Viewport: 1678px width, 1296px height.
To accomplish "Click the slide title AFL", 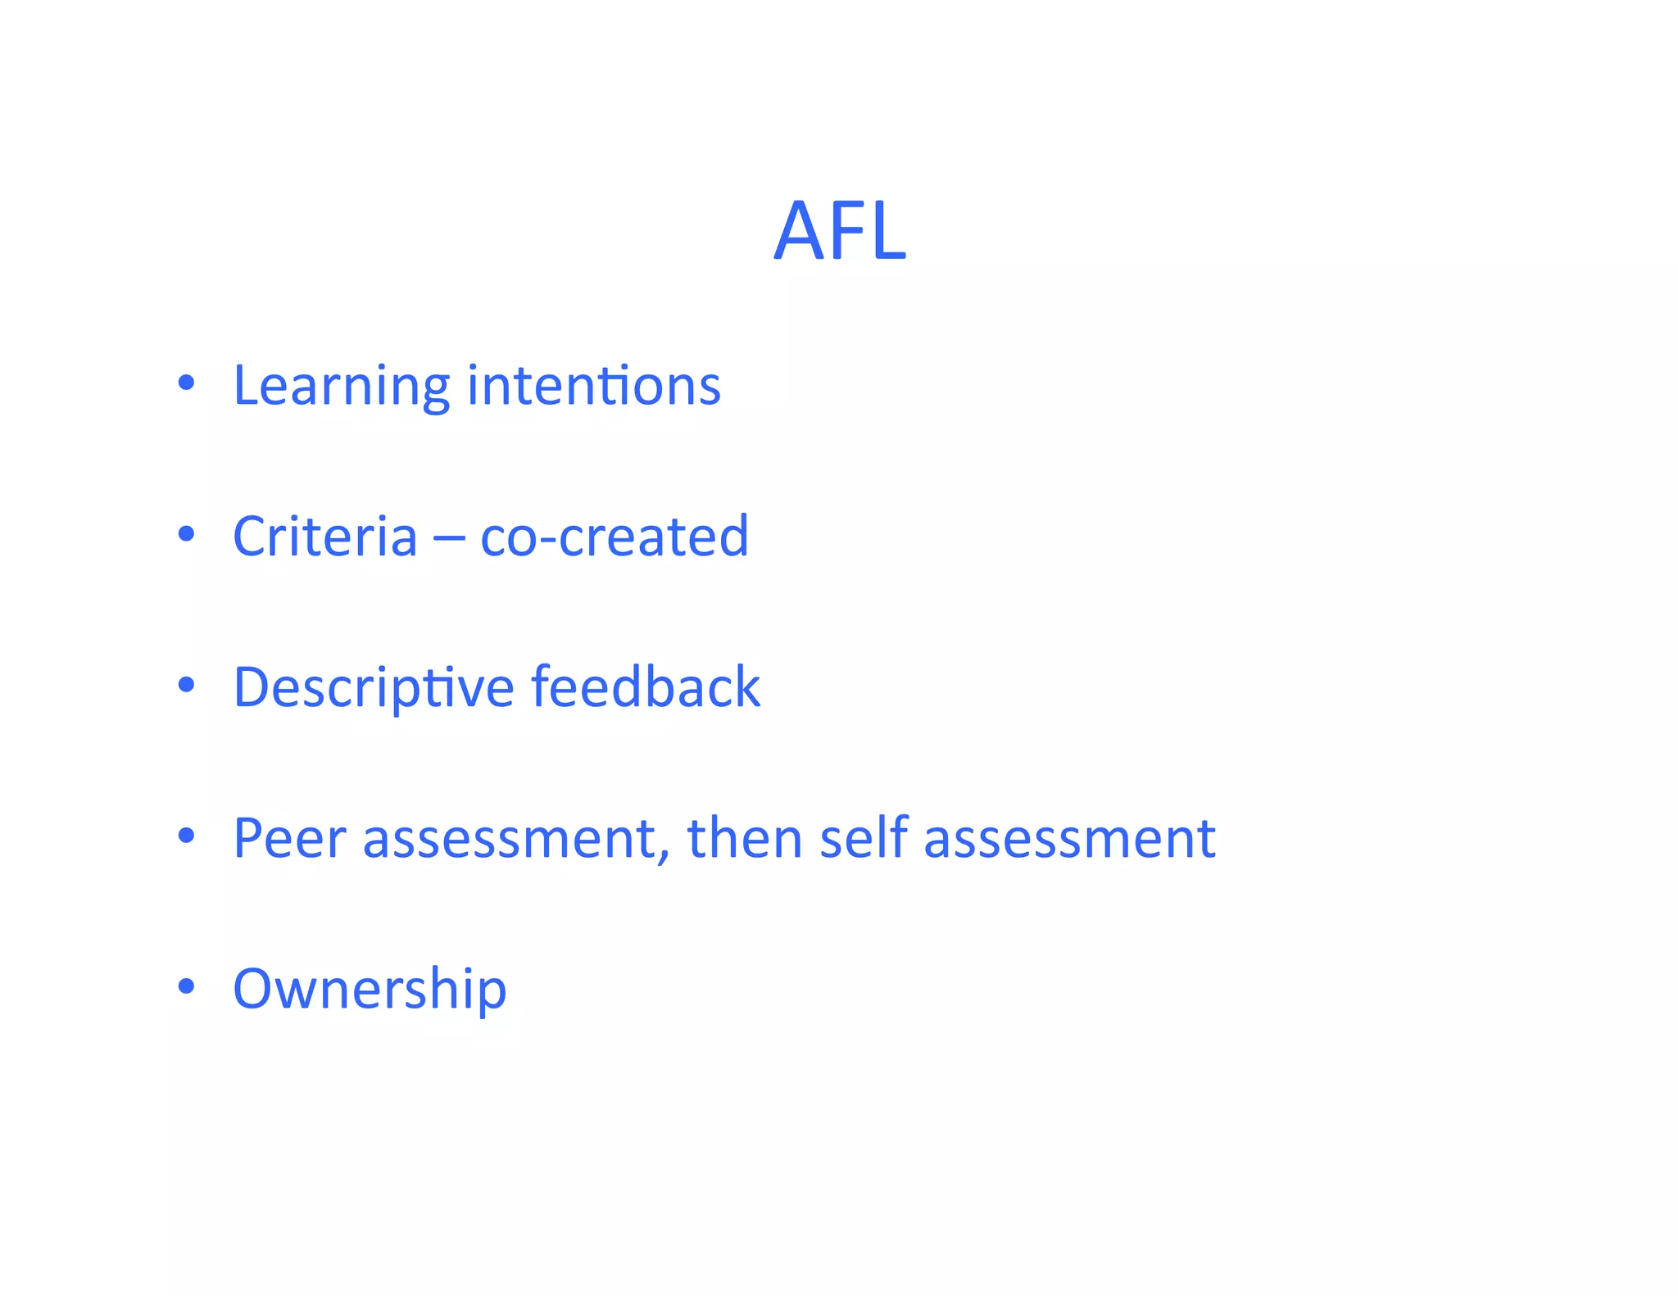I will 840,231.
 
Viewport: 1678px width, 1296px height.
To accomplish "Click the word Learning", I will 341,385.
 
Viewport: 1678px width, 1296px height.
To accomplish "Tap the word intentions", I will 594,385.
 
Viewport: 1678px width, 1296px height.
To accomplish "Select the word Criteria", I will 325,537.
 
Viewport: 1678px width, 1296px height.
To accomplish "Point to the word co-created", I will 615,537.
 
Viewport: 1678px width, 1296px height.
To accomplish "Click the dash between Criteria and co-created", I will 448,539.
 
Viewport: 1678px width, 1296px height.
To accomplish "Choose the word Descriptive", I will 374,687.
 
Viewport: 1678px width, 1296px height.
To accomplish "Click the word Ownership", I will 370,989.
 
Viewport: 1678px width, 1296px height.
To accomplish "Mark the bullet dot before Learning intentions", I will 187,383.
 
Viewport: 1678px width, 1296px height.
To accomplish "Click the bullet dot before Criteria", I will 187,534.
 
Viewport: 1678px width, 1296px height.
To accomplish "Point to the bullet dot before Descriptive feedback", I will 187,685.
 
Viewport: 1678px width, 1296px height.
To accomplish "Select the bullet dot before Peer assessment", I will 187,836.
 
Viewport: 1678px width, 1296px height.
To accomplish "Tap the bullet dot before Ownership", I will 187,986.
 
